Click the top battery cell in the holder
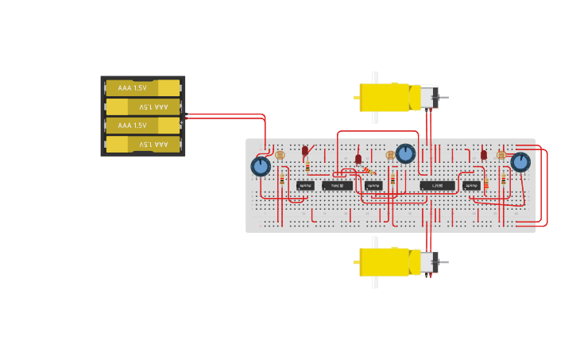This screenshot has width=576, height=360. point(143,87)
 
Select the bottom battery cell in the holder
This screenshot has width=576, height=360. point(143,144)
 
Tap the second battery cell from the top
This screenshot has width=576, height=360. point(143,106)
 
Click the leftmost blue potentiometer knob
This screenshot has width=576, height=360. point(261,166)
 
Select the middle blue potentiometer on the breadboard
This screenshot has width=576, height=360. point(406,153)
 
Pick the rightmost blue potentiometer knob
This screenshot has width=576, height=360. point(520,162)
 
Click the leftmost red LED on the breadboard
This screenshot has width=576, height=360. point(305,150)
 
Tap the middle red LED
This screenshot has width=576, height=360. point(358,159)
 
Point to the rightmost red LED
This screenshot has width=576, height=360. point(484,155)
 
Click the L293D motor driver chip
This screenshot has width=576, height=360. point(438,186)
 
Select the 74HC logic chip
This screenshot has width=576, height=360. point(338,186)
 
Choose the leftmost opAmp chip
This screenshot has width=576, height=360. point(305,186)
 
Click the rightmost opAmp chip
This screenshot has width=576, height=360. point(472,186)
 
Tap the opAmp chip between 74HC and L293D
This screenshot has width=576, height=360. point(373,186)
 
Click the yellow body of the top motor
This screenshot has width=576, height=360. point(384,98)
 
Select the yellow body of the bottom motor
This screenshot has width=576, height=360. point(384,261)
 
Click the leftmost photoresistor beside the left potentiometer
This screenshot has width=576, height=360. point(280,155)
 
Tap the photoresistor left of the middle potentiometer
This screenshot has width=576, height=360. point(390,155)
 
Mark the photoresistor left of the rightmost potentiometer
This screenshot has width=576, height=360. point(501,155)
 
